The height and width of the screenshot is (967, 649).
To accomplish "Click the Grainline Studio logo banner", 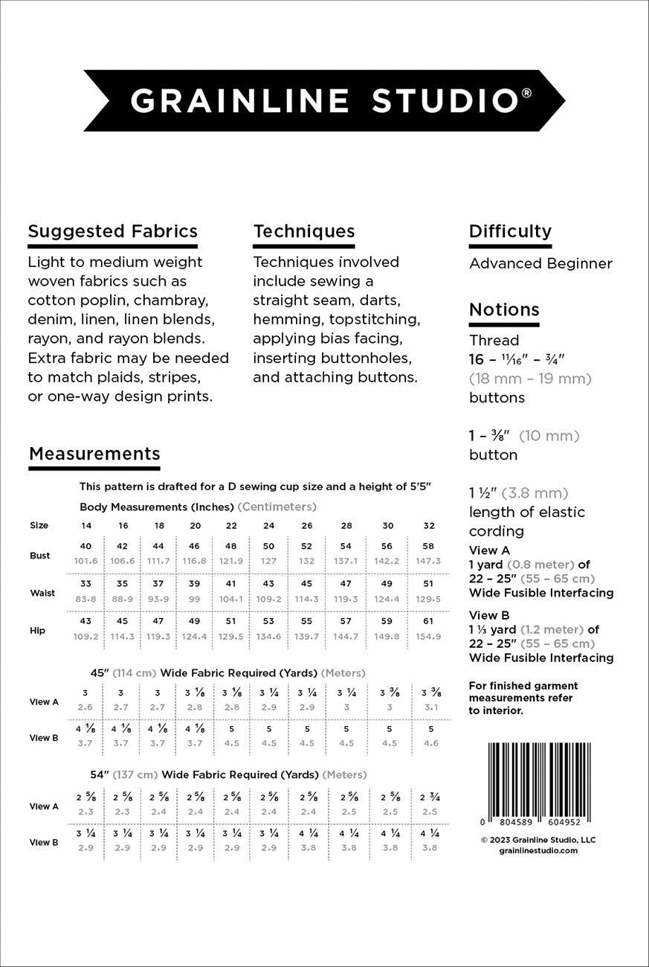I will [x=324, y=100].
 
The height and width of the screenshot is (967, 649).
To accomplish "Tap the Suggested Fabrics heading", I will [x=112, y=231].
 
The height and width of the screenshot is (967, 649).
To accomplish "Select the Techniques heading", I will [x=303, y=231].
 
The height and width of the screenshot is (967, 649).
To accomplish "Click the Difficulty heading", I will [x=510, y=231].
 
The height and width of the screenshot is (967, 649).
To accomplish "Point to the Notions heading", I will [x=504, y=309].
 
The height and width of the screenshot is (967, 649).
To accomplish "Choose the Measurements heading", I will [x=94, y=454].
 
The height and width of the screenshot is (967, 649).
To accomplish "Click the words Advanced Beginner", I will [x=540, y=263].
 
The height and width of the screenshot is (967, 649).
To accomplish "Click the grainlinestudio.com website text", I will [x=538, y=850].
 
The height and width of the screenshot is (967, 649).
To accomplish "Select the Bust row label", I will [x=40, y=556].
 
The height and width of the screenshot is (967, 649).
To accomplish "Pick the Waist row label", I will [x=42, y=593].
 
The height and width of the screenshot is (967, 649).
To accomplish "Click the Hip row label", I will [x=37, y=630].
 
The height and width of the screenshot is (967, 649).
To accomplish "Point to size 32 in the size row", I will [x=428, y=525].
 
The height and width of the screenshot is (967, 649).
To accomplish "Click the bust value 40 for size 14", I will [x=86, y=546].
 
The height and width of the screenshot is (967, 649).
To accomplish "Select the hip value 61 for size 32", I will [x=428, y=621].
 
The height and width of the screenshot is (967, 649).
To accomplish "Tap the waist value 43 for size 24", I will [x=268, y=584].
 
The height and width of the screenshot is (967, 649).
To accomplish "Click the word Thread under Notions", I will [x=494, y=341].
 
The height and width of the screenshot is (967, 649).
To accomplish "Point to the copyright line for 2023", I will [x=538, y=840].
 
